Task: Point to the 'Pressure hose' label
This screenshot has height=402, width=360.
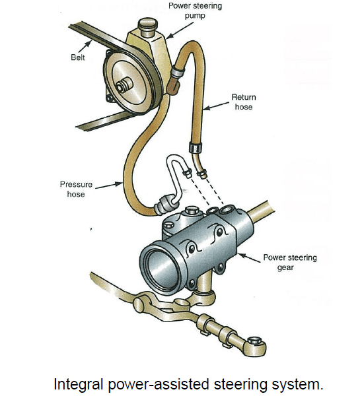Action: [75, 189]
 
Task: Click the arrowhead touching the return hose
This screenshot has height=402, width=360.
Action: [205, 108]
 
